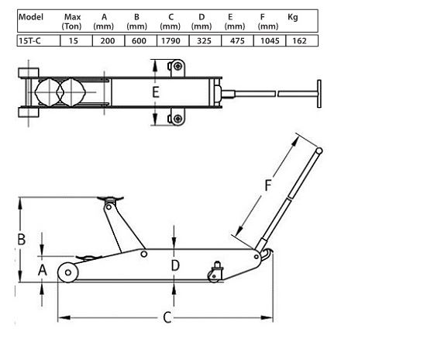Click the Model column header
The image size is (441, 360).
point(30,17)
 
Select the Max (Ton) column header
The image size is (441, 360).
point(72,21)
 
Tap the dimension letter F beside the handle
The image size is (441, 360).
point(268,186)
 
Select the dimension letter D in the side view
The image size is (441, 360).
point(175,266)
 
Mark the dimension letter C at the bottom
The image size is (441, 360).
point(166,317)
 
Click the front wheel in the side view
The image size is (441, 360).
point(66,273)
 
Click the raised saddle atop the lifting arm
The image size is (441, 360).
point(111,200)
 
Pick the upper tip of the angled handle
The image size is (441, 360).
point(319,150)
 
